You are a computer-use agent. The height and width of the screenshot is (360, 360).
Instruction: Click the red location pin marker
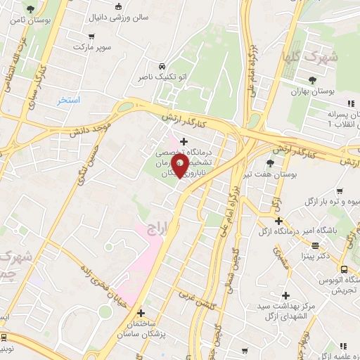(x=180, y=167)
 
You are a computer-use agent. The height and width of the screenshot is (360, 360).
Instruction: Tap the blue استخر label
(x=70, y=101)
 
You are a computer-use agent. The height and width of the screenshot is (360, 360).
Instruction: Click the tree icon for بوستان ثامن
(x=30, y=9)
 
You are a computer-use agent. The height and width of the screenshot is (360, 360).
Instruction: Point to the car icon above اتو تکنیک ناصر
(x=162, y=62)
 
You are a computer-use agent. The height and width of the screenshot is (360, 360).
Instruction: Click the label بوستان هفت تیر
(x=275, y=174)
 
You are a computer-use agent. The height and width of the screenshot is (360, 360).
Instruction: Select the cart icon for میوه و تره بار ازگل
(x=339, y=191)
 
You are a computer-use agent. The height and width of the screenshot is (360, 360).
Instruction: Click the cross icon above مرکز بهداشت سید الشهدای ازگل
(x=285, y=295)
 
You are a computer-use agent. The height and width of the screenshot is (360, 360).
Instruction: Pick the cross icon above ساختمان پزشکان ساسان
(x=141, y=313)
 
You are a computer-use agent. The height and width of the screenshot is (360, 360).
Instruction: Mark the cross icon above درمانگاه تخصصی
(x=184, y=141)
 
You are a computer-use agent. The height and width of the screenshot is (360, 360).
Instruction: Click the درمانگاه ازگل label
(x=277, y=231)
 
